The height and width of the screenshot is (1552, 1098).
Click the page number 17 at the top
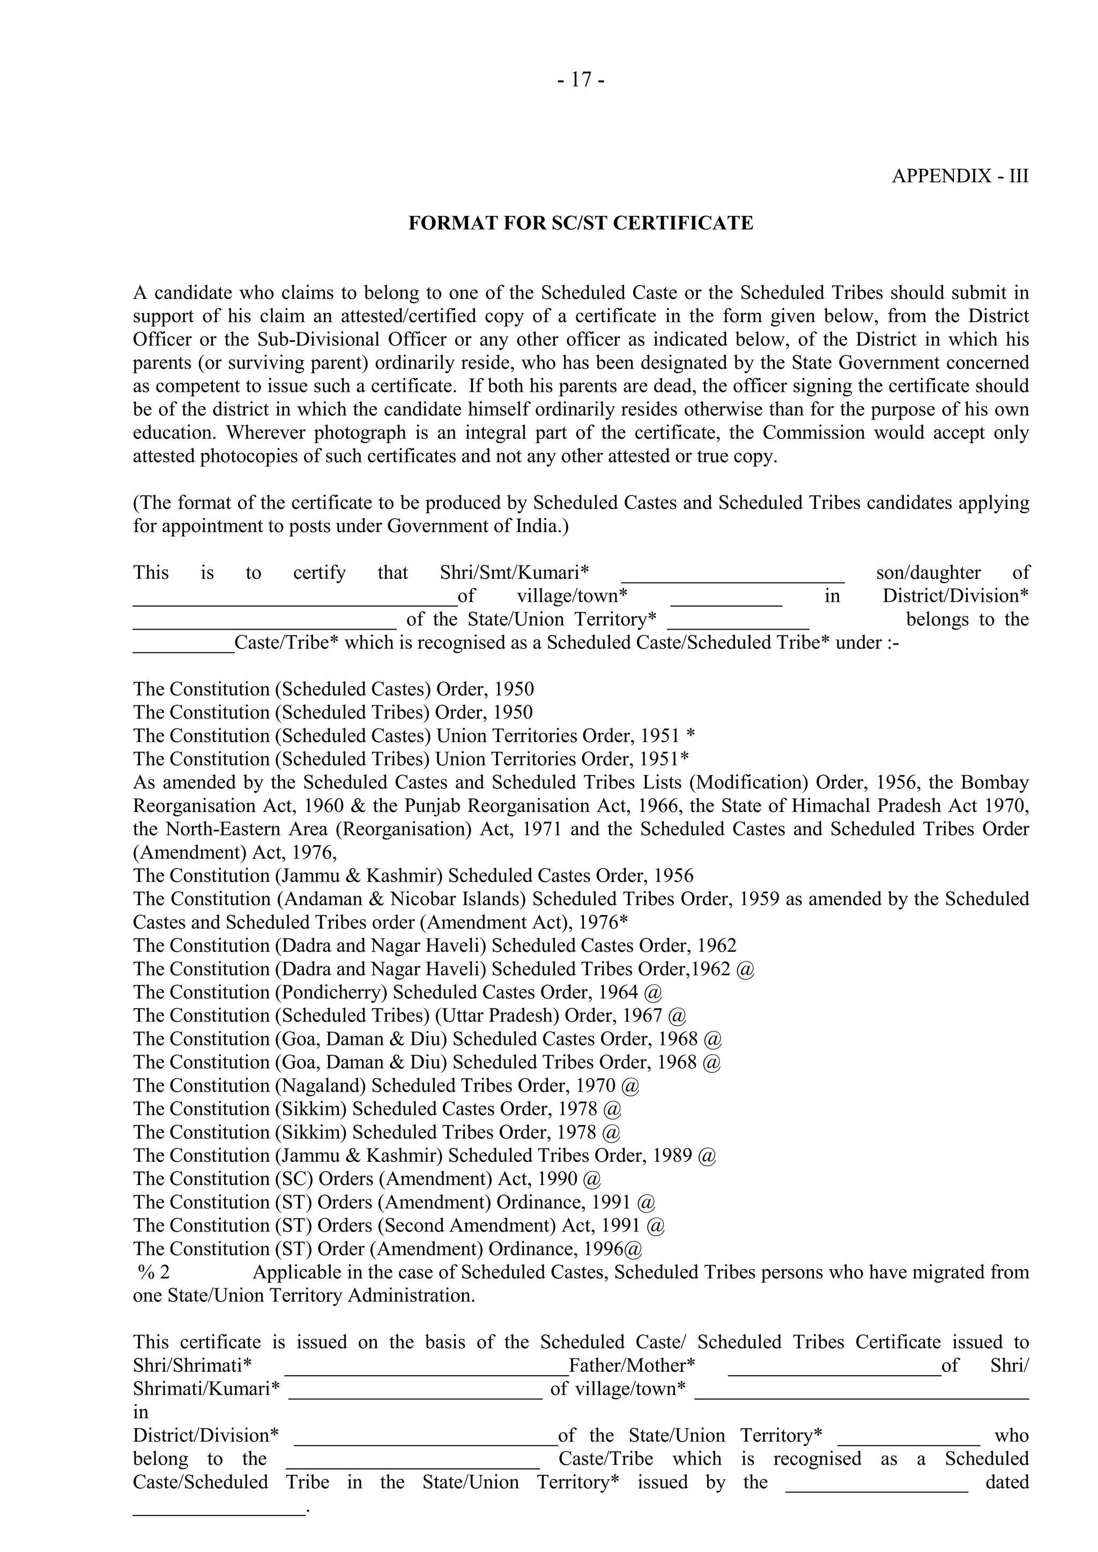[581, 80]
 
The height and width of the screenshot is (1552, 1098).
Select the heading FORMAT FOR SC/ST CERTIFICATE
[580, 223]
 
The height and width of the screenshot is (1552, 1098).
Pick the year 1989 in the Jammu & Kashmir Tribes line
[672, 1155]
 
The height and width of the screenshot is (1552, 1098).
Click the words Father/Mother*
[632, 1366]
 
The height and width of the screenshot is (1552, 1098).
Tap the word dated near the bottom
[1007, 1482]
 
